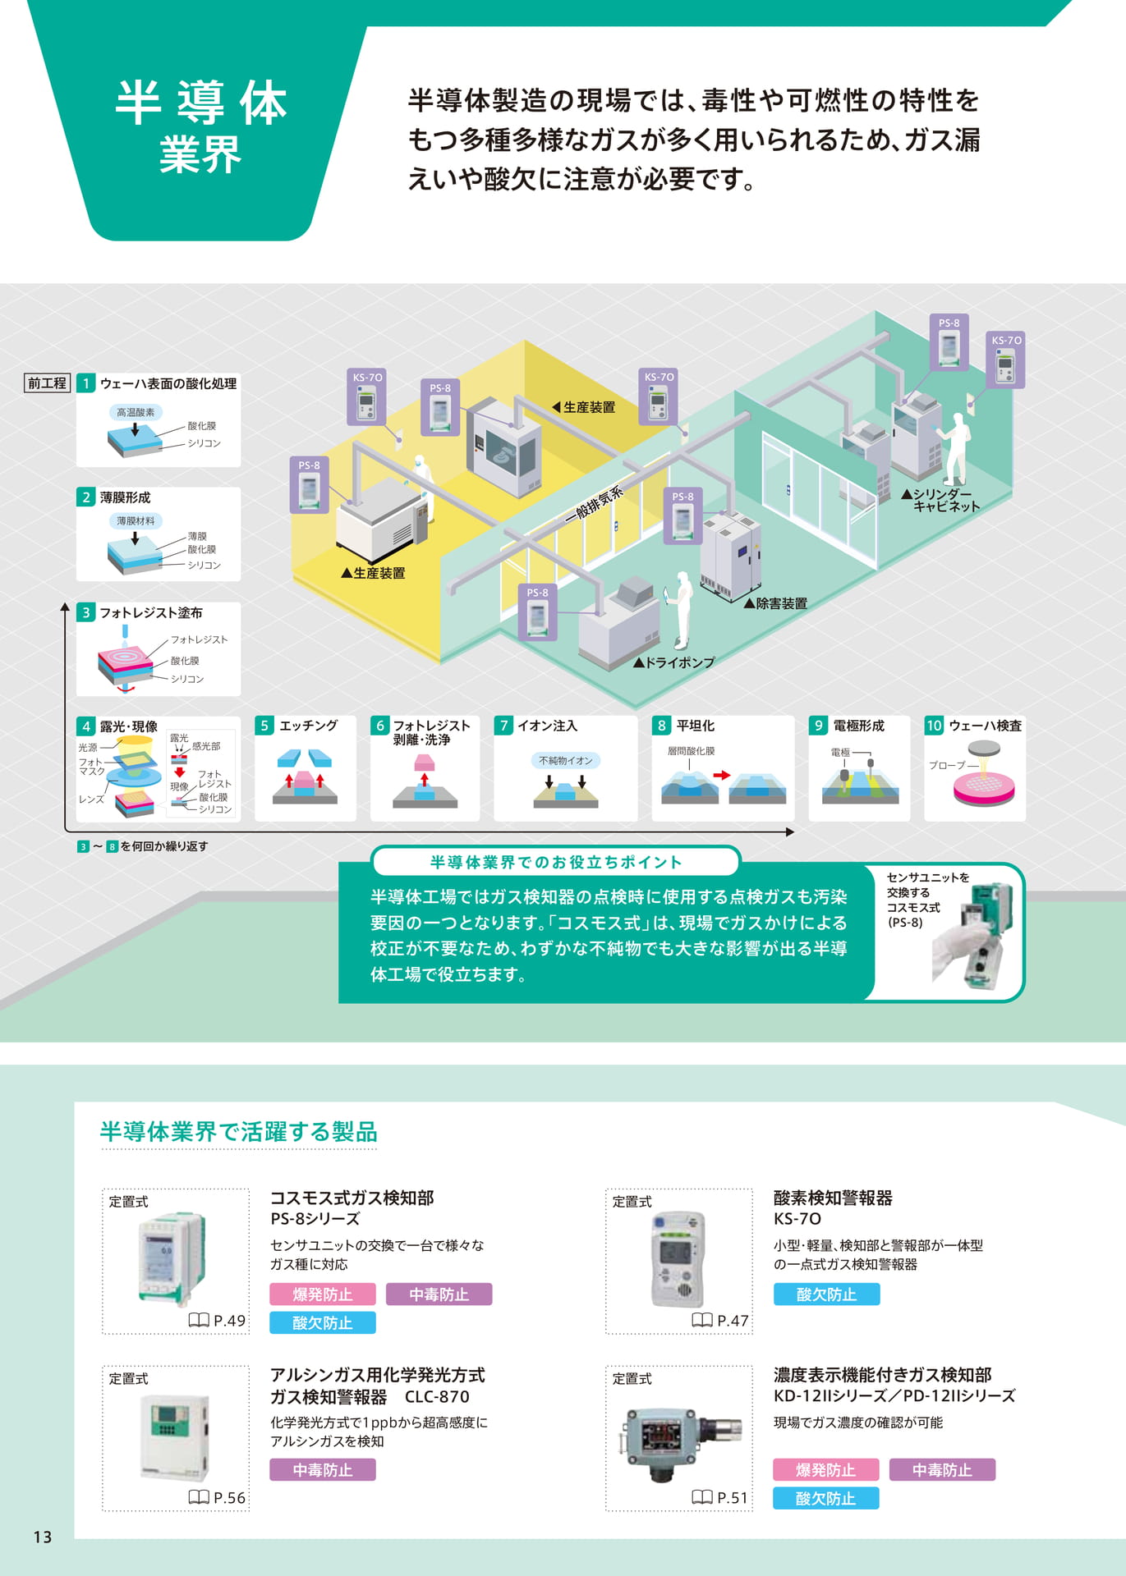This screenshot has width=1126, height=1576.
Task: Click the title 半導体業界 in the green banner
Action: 200,127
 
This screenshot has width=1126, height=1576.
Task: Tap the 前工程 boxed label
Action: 47,383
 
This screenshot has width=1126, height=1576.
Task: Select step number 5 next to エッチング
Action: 264,726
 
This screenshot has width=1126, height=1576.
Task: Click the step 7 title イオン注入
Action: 547,726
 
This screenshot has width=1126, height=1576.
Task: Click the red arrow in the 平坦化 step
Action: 721,775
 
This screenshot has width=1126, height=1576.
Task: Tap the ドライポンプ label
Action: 674,662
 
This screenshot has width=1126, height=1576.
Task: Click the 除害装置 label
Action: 775,603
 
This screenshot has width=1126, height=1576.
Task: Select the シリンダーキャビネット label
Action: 941,500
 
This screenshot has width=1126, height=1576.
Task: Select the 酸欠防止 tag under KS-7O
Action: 826,1294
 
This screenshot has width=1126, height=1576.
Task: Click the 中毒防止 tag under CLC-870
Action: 323,1470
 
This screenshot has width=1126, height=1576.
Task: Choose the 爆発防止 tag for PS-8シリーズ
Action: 323,1294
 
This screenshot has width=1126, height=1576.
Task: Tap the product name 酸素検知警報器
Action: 833,1198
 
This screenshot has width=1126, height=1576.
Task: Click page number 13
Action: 43,1537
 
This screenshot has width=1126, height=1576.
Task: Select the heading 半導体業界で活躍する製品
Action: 239,1132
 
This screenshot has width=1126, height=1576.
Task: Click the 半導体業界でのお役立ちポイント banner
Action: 556,862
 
